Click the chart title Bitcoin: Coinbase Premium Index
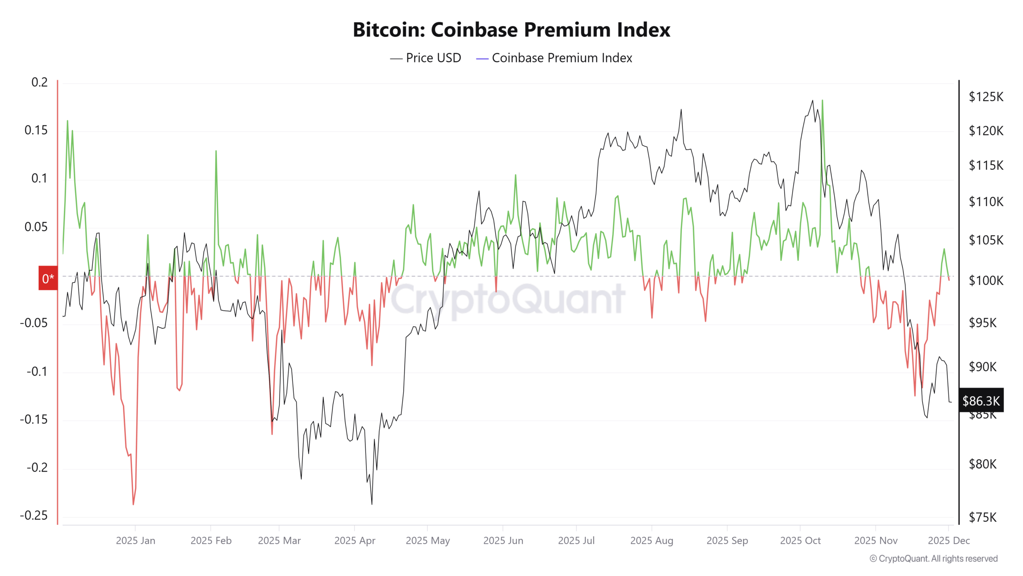pyautogui.click(x=511, y=30)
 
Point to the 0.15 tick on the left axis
pyautogui.click(x=36, y=130)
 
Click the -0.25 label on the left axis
pyautogui.click(x=34, y=515)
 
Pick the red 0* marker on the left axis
pyautogui.click(x=48, y=278)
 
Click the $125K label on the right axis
pyautogui.click(x=985, y=97)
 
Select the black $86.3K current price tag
pyautogui.click(x=981, y=400)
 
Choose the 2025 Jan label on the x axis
pyautogui.click(x=135, y=540)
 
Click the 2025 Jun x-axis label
pyautogui.click(x=503, y=540)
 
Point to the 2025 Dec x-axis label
pyautogui.click(x=949, y=540)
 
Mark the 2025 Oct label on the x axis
pyautogui.click(x=800, y=540)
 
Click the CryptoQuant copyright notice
pyautogui.click(x=933, y=558)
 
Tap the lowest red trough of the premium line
pyautogui.click(x=133, y=504)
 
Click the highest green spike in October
pyautogui.click(x=822, y=101)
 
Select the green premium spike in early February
pyautogui.click(x=216, y=151)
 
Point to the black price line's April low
pyautogui.click(x=372, y=504)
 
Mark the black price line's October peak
pyautogui.click(x=812, y=101)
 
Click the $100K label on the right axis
pyautogui.click(x=985, y=280)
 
